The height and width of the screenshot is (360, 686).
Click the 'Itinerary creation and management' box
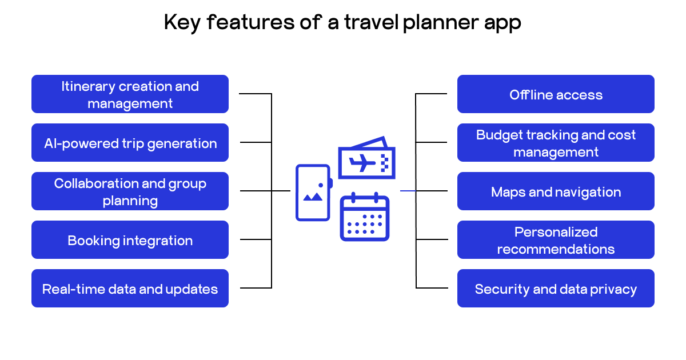pyautogui.click(x=130, y=94)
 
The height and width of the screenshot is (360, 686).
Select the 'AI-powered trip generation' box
pyautogui.click(x=130, y=143)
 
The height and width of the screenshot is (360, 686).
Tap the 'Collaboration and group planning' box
pyautogui.click(x=130, y=191)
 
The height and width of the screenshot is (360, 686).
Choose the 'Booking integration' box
pyautogui.click(x=130, y=240)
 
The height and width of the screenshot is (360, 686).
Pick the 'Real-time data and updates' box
pyautogui.click(x=130, y=289)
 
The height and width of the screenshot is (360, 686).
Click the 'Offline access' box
pyautogui.click(x=556, y=94)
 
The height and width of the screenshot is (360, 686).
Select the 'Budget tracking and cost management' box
pyautogui.click(x=556, y=143)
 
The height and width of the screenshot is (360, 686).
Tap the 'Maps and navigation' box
pyautogui.click(x=556, y=191)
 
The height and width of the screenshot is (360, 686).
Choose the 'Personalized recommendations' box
pyautogui.click(x=556, y=240)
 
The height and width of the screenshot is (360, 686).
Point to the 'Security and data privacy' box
pyautogui.click(x=556, y=289)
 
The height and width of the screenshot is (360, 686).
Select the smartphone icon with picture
pyautogui.click(x=313, y=192)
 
